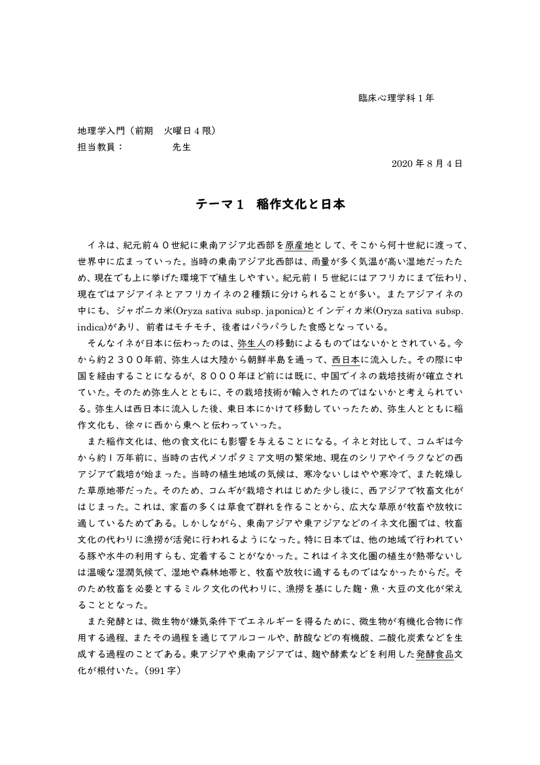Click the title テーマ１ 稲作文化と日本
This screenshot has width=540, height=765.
pos(270,204)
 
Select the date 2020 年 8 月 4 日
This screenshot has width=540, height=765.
pos(427,164)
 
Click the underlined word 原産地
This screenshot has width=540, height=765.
pos(299,246)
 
